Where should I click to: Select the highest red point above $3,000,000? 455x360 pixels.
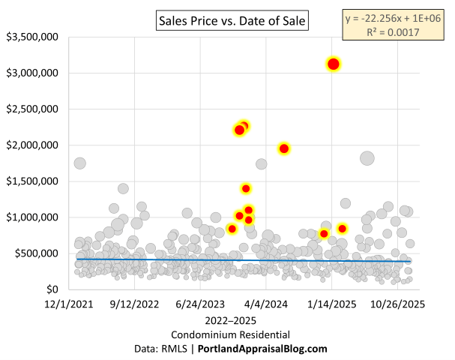(334, 64)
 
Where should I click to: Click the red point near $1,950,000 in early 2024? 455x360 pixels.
(284, 148)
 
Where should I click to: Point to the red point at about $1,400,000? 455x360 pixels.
(246, 188)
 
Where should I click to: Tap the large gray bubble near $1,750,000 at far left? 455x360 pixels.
(80, 163)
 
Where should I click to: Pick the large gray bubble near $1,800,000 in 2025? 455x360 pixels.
(367, 158)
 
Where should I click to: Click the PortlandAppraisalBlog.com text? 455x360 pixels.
(262, 349)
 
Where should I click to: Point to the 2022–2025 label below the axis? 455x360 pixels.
(228, 320)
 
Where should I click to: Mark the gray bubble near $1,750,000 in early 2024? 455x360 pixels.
(261, 163)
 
